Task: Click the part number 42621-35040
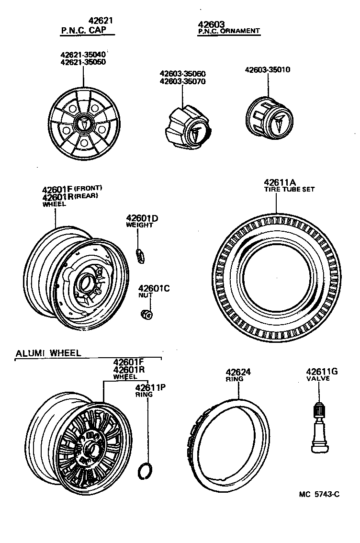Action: [x=83, y=54]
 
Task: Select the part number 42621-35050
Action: [x=83, y=62]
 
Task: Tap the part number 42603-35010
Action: [x=268, y=69]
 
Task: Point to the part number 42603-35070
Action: [x=182, y=81]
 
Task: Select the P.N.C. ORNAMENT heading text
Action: [x=229, y=31]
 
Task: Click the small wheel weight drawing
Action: [x=140, y=255]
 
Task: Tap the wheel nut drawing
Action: [x=146, y=314]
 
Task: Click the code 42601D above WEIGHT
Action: [x=142, y=218]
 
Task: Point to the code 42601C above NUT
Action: [x=154, y=288]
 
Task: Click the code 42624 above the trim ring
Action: [x=238, y=372]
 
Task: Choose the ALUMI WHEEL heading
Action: [x=48, y=353]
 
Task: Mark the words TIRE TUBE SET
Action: [x=290, y=189]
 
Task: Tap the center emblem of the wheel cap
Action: [x=84, y=124]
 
